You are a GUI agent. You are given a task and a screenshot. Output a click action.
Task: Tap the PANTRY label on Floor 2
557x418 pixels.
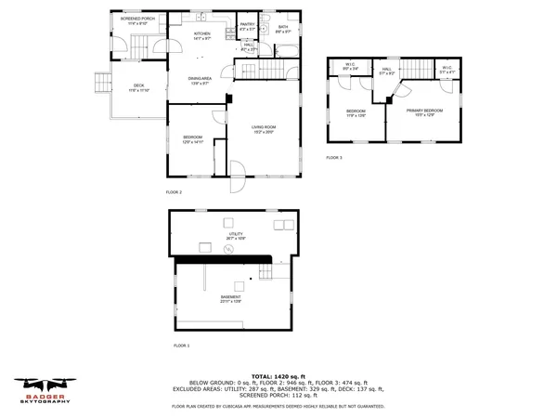pyautogui.click(x=248, y=27)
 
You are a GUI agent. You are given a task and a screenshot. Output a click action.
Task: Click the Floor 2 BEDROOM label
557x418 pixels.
pyautogui.click(x=192, y=140)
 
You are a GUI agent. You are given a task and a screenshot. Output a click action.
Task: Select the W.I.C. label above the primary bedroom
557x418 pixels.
pyautogui.click(x=447, y=69)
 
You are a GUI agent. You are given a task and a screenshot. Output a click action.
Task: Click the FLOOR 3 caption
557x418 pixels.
pyautogui.click(x=334, y=158)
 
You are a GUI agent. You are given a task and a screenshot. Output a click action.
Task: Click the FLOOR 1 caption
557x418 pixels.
pyautogui.click(x=182, y=346)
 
